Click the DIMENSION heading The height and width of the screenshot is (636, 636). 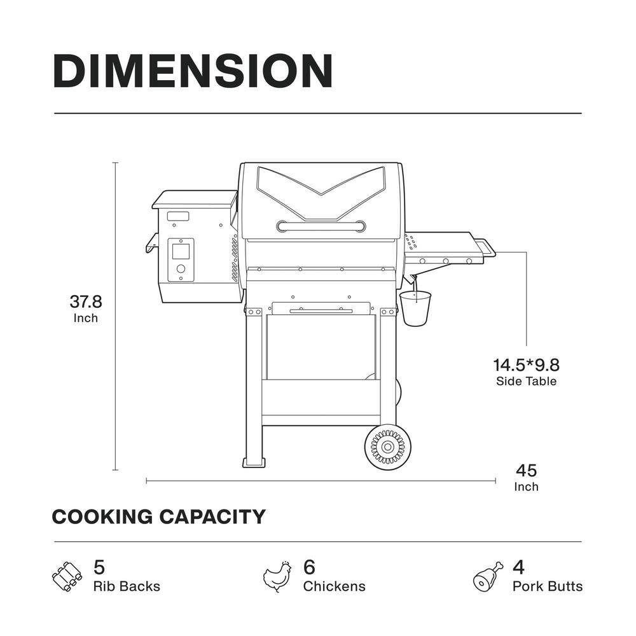click(193, 71)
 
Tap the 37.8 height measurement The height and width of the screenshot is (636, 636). click(86, 301)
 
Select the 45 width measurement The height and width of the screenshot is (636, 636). click(526, 471)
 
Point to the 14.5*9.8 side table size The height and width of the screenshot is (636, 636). click(526, 365)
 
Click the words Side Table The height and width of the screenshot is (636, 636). click(526, 381)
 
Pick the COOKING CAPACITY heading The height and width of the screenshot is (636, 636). click(158, 516)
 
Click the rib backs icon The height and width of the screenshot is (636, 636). click(67, 576)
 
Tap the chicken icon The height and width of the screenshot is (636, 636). click(277, 576)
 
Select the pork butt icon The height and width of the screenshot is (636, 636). click(488, 576)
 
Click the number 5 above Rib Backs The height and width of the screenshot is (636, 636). click(99, 567)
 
